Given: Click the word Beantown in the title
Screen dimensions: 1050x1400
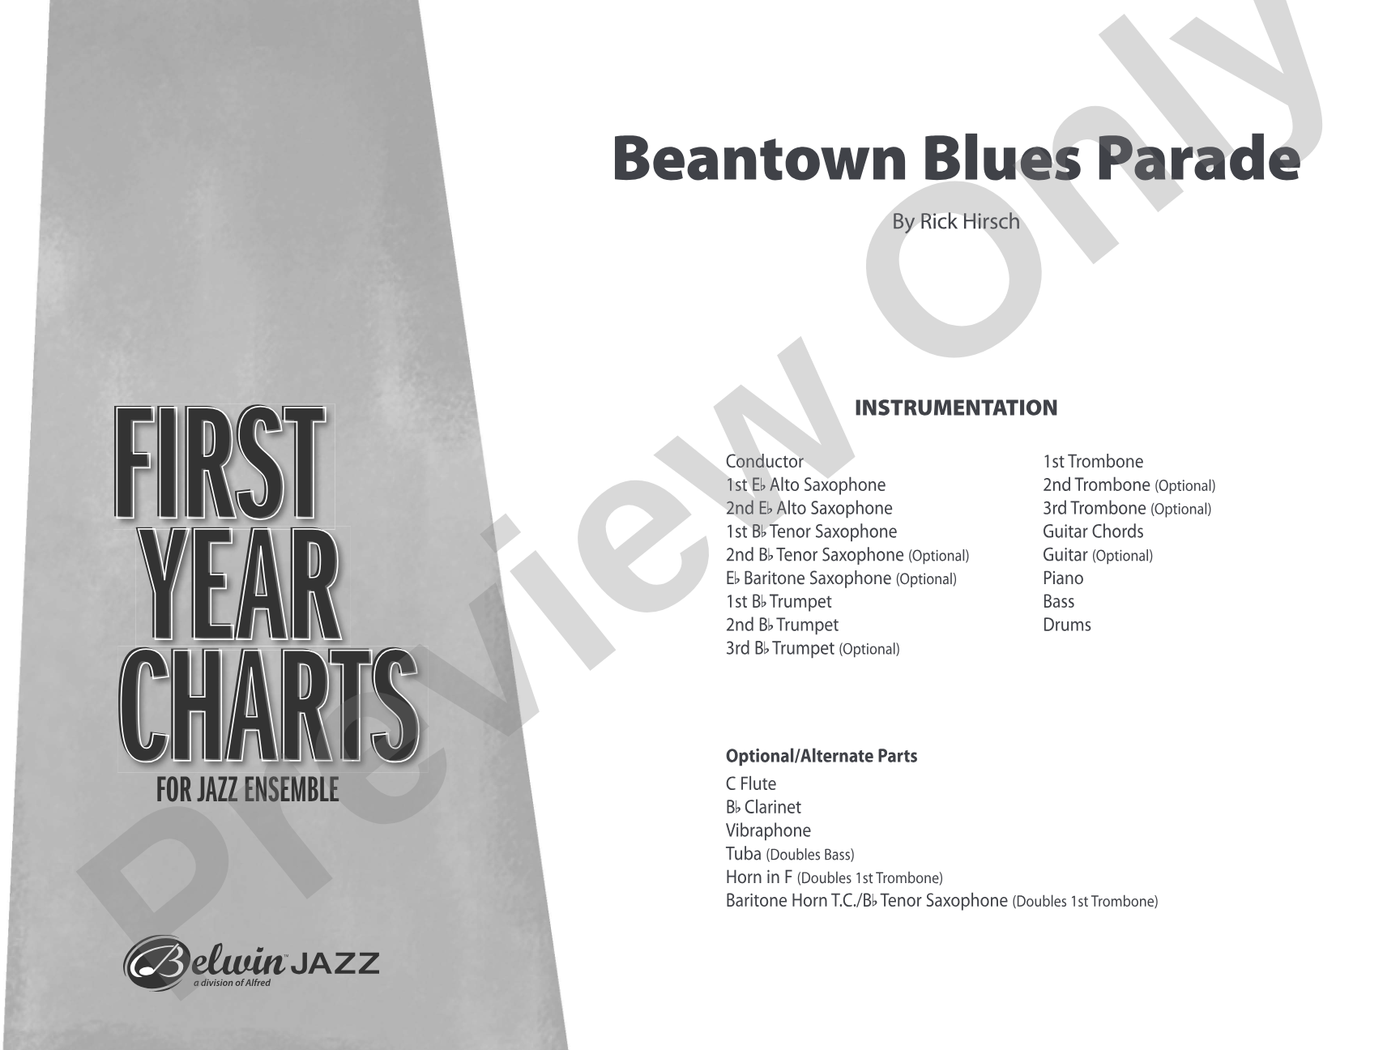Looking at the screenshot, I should (x=758, y=159).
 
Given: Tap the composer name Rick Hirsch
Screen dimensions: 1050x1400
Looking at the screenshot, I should (x=969, y=221).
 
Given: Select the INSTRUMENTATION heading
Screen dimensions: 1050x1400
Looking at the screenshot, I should (x=956, y=408).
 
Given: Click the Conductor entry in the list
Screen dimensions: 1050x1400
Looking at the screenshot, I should (x=764, y=462).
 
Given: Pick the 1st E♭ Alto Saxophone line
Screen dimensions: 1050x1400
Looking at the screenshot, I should (x=805, y=485).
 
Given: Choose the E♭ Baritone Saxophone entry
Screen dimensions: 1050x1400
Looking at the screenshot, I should (x=840, y=578).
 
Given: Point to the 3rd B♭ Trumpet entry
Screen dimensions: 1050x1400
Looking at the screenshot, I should (x=812, y=648).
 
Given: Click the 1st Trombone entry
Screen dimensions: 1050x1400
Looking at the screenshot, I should (x=1092, y=462).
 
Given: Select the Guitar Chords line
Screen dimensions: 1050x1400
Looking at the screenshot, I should (x=1092, y=531).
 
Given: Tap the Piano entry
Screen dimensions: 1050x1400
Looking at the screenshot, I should (x=1062, y=578).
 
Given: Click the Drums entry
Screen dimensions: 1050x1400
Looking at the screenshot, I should (x=1066, y=625).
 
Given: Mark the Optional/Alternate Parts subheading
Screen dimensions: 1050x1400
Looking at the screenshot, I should (x=821, y=756).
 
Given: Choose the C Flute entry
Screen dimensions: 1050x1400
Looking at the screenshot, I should (x=750, y=783).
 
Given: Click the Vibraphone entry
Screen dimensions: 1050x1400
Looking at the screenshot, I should (x=767, y=830).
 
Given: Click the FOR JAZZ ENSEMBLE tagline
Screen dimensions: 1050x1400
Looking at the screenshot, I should (x=247, y=790).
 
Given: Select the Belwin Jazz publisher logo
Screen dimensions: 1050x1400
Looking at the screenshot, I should (x=251, y=963).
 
